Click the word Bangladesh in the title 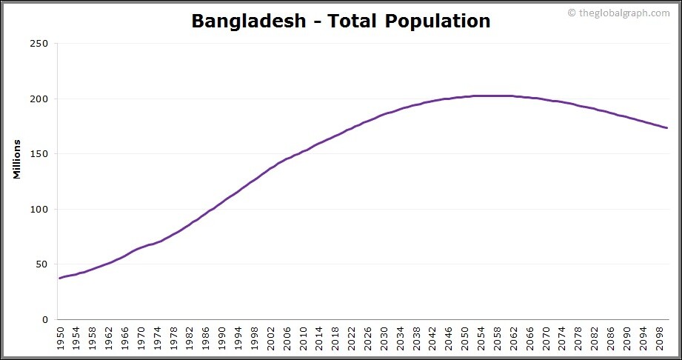(248, 21)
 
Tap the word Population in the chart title (438, 21)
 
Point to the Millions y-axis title (16, 159)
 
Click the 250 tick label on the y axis (39, 44)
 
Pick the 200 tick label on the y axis (39, 99)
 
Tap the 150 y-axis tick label (39, 154)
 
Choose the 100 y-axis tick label (39, 210)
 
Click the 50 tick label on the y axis (42, 264)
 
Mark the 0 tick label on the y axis (45, 320)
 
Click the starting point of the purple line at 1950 (59, 279)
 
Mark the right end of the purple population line (667, 128)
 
